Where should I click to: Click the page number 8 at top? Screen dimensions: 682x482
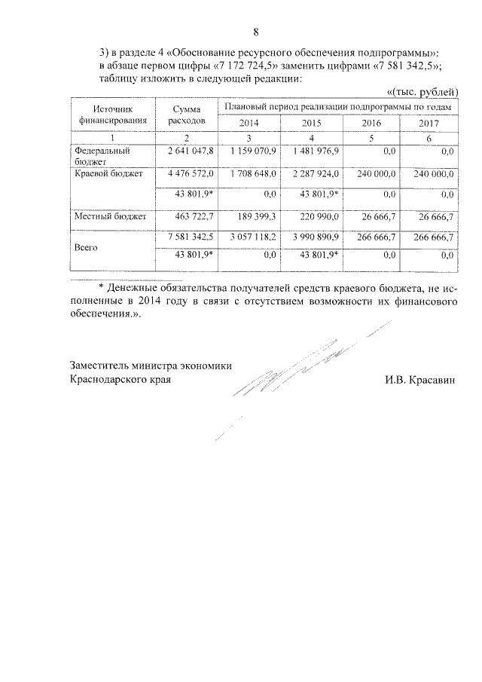[x=255, y=32]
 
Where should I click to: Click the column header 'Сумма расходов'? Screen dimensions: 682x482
[x=185, y=115]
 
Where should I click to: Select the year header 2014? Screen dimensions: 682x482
[x=249, y=123]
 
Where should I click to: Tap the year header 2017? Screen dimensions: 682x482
[x=428, y=123]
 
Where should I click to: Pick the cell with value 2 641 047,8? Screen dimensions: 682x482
[x=191, y=152]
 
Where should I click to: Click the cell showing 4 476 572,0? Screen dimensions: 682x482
[x=191, y=174]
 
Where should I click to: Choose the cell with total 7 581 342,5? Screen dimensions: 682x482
[x=191, y=237]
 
